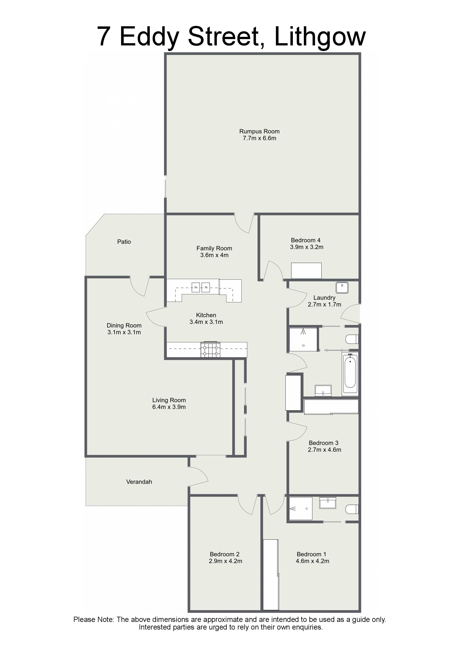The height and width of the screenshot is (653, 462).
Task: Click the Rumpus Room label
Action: pyautogui.click(x=259, y=131)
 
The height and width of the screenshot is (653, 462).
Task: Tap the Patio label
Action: pyautogui.click(x=124, y=242)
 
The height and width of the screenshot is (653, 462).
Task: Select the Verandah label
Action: pyautogui.click(x=139, y=482)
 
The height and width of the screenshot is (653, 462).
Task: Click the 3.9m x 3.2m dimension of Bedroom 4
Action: pyautogui.click(x=307, y=247)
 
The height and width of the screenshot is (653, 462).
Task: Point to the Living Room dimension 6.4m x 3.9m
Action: pyautogui.click(x=169, y=407)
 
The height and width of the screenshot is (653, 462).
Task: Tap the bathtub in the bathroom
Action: pyautogui.click(x=350, y=373)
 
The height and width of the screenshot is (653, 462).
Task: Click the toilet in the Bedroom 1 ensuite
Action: pyautogui.click(x=352, y=509)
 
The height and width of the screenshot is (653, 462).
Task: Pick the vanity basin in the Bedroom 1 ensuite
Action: pyautogui.click(x=328, y=503)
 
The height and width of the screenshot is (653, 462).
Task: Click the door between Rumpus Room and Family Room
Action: pyautogui.click(x=244, y=224)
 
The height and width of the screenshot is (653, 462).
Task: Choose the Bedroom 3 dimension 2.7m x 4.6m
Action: pyautogui.click(x=325, y=450)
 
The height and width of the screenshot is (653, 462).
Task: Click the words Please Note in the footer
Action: pyautogui.click(x=94, y=619)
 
